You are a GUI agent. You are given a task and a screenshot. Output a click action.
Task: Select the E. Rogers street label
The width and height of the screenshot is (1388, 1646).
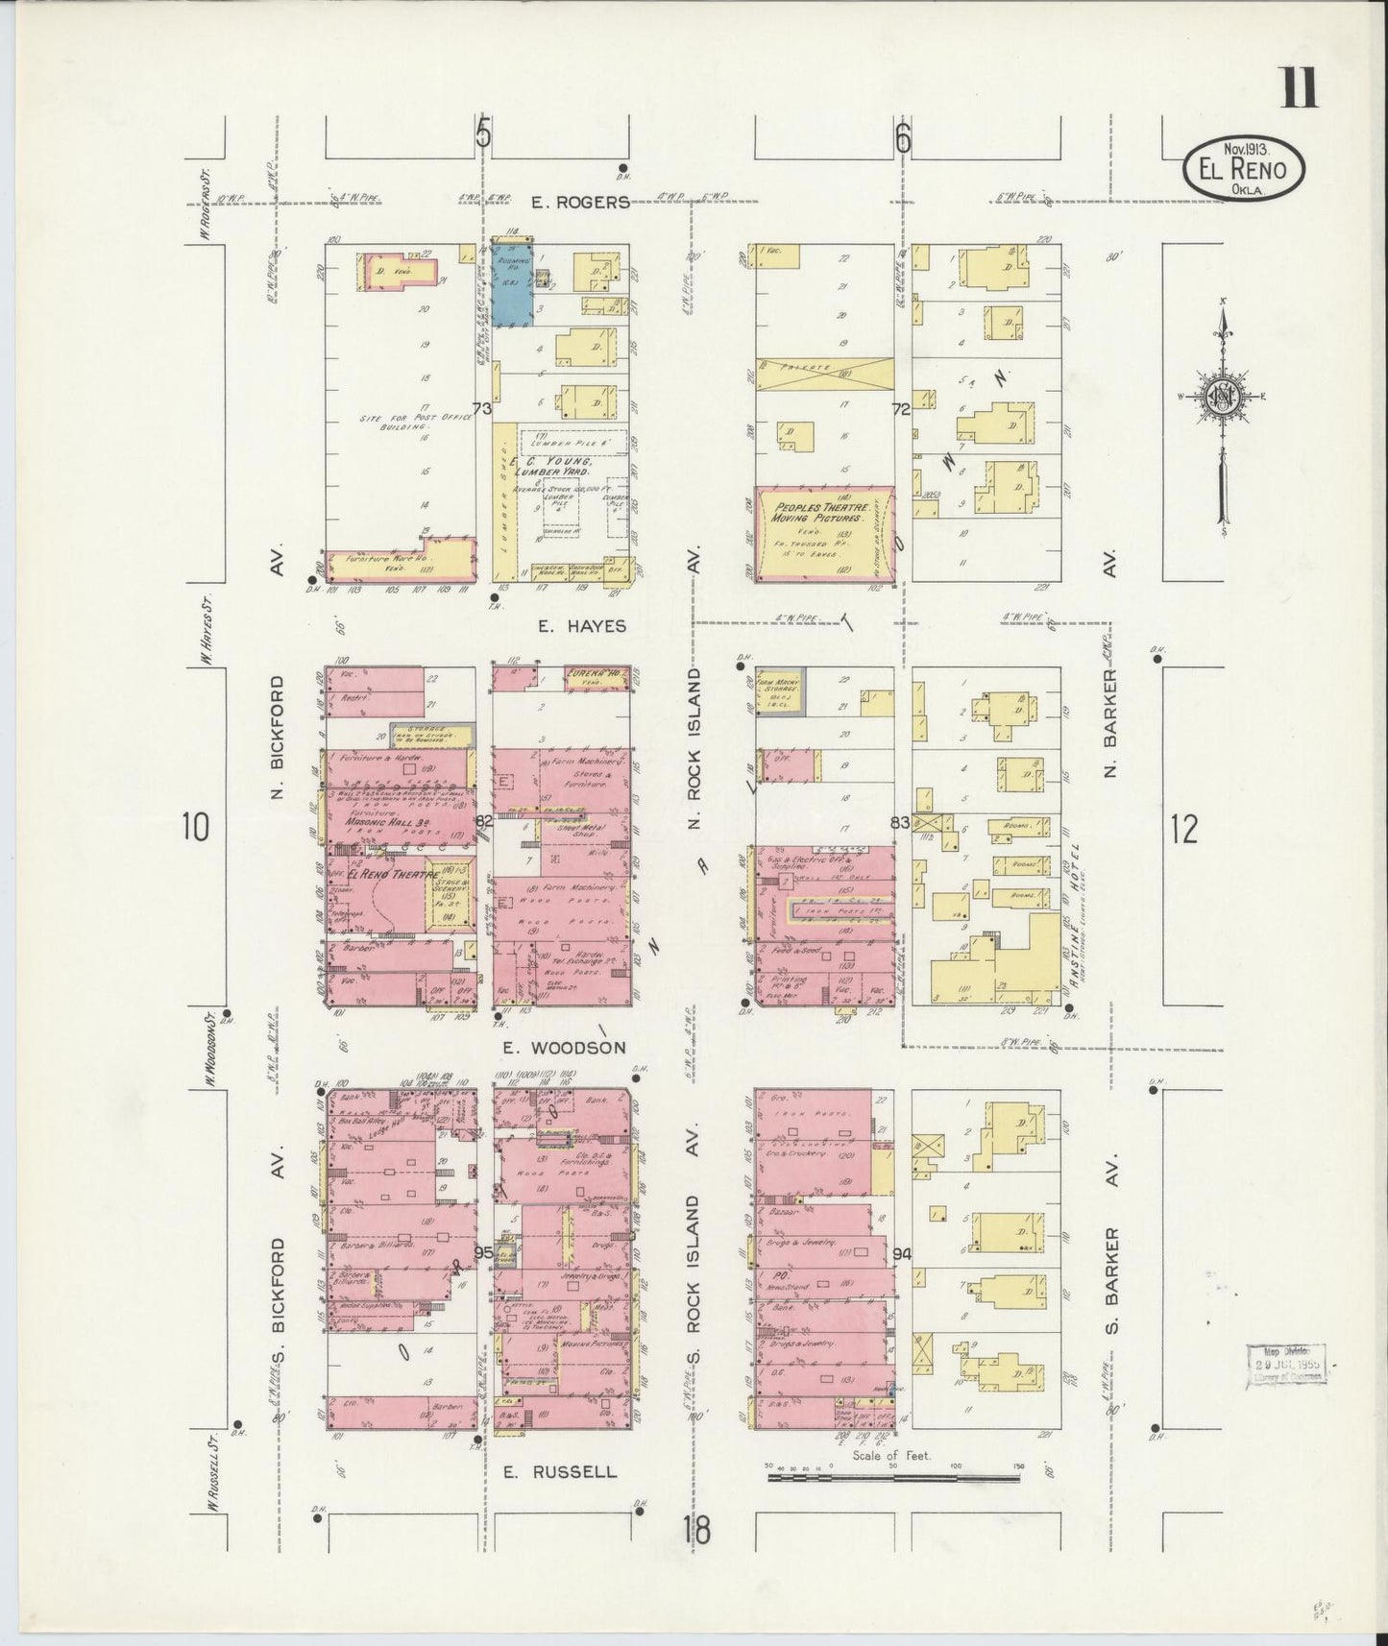583,202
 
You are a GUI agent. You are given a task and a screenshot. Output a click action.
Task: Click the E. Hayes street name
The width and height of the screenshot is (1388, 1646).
581,626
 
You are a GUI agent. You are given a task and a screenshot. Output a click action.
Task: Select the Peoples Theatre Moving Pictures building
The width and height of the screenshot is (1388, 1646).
824,534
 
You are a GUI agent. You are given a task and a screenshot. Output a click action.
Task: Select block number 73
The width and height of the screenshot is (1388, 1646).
481,409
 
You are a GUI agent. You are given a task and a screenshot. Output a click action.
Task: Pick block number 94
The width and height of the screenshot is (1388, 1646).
901,1253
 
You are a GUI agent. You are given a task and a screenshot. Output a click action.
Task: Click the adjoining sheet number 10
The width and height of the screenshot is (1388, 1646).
195,827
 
